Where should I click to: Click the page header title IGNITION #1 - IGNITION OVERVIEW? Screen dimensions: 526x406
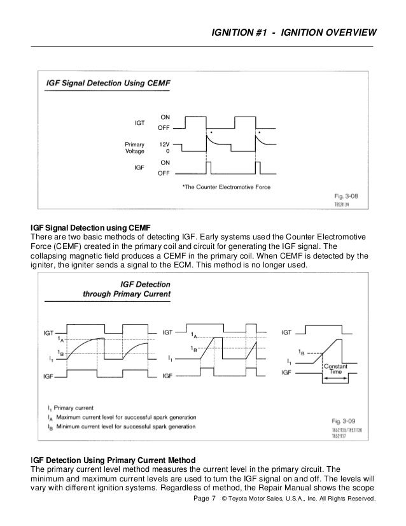point(293,32)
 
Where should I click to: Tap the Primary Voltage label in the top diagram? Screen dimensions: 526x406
point(134,148)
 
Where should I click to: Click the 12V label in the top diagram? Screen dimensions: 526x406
point(164,145)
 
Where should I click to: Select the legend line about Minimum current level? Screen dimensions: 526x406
point(117,427)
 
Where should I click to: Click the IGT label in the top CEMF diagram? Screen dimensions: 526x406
point(139,122)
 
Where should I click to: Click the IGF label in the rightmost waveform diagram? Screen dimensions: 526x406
point(288,376)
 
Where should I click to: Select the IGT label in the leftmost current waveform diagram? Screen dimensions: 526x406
point(49,332)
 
